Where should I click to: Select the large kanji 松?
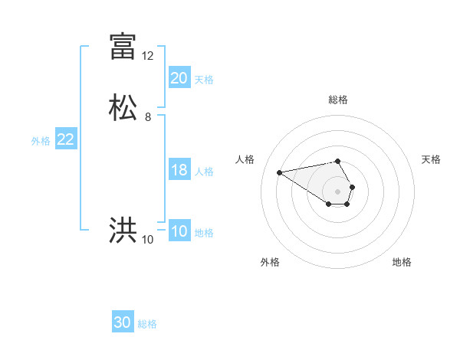[x=123, y=106]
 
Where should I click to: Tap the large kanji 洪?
[x=123, y=230]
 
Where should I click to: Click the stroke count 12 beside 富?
[x=148, y=56]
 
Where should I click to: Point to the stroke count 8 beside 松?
[x=148, y=117]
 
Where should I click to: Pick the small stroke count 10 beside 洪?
[x=148, y=240]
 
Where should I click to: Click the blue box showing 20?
[x=179, y=77]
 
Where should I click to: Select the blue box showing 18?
[x=179, y=170]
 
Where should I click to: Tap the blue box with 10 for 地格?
[x=179, y=231]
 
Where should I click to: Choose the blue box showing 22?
[x=66, y=139]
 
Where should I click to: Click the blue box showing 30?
[x=123, y=322]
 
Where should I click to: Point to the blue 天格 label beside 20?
[x=204, y=80]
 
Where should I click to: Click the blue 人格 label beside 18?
[x=204, y=172]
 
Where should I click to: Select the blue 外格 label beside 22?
[x=40, y=141]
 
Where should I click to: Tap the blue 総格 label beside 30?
[x=147, y=324]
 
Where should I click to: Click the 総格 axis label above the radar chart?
[x=338, y=100]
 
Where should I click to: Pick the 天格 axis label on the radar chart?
[x=431, y=159]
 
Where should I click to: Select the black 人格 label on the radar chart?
[x=245, y=159]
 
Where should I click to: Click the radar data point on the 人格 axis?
[x=279, y=172]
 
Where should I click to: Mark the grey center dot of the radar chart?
[x=338, y=191]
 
